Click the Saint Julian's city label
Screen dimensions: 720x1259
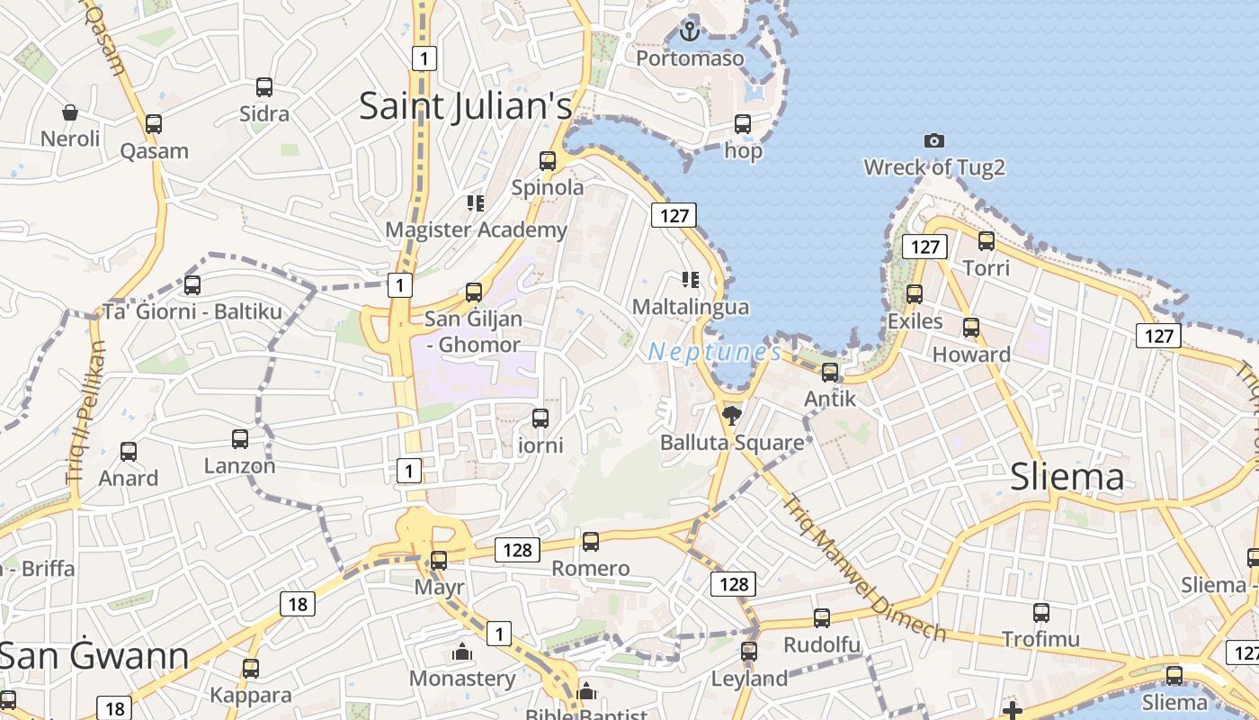point(465,106)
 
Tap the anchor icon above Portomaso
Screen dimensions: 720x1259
point(689,31)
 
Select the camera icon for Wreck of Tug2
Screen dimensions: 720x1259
point(934,140)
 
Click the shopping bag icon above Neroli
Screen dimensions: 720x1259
point(70,112)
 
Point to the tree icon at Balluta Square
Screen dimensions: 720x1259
point(732,415)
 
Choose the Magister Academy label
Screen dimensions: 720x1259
point(476,229)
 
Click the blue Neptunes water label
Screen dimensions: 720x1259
point(714,352)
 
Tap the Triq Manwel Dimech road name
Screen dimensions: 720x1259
point(864,568)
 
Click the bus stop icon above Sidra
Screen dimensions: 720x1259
point(264,87)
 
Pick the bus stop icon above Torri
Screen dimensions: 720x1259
point(987,241)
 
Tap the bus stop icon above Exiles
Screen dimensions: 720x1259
point(915,293)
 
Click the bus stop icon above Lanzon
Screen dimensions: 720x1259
point(240,439)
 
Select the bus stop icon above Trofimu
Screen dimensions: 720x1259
point(1041,613)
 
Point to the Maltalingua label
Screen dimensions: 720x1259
point(690,307)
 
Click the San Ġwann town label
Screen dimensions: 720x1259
point(94,656)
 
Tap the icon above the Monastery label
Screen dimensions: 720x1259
point(462,652)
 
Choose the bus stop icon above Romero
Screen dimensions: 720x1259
point(591,542)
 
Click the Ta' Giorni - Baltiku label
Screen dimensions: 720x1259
point(192,312)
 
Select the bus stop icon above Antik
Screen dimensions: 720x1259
point(830,372)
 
